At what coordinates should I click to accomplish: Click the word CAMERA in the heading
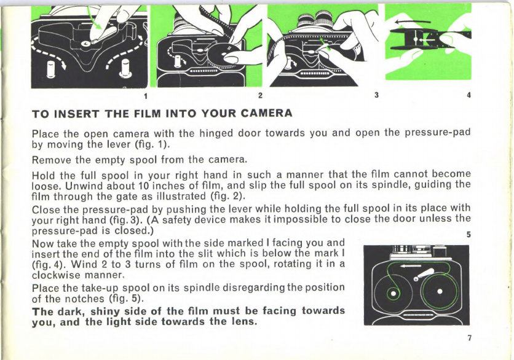[266, 113]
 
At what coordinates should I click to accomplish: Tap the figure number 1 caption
[145, 96]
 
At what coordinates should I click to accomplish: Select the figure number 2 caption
[260, 96]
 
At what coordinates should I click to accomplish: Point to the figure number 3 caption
[376, 95]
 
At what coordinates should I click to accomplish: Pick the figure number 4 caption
[469, 95]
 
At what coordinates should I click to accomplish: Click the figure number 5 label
[469, 235]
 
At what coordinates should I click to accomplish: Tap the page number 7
[470, 338]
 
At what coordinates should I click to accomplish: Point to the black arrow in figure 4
[412, 22]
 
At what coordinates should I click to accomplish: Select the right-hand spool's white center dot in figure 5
[440, 292]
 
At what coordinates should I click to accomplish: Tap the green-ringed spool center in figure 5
[392, 293]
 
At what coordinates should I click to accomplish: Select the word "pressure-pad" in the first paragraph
[438, 133]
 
